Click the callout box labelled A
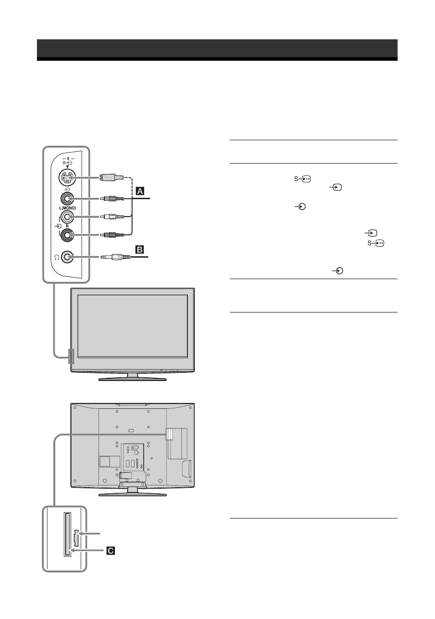point(140,191)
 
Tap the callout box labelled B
point(140,249)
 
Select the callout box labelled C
point(110,551)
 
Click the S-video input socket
point(67,177)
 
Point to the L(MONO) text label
point(67,208)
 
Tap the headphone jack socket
point(67,257)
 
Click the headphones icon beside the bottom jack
point(57,258)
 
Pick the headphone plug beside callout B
point(115,257)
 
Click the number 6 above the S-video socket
point(68,159)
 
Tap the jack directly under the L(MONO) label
point(67,217)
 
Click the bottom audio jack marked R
point(67,235)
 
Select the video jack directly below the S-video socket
point(67,198)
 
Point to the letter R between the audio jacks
point(67,226)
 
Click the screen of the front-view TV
point(133,326)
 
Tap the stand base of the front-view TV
point(133,379)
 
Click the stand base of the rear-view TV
point(133,494)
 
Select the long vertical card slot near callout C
point(67,534)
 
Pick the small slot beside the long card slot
point(77,538)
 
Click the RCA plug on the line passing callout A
point(112,198)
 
